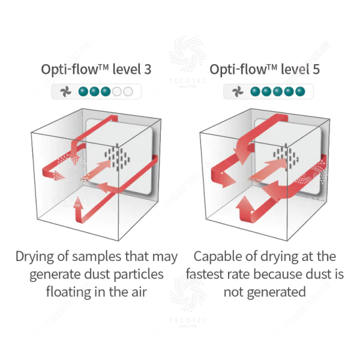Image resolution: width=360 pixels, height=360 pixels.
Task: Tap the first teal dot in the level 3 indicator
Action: [x=83, y=92]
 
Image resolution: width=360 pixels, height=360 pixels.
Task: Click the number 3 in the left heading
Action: [x=148, y=69]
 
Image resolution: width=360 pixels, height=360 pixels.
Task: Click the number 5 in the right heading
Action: [x=316, y=69]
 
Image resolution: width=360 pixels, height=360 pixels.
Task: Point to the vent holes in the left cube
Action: [x=115, y=157]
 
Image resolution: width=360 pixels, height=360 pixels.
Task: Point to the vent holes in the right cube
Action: [x=287, y=157]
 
